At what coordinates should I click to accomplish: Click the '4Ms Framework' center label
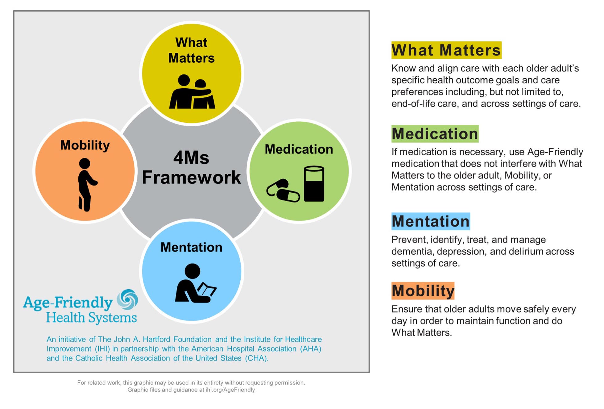191,168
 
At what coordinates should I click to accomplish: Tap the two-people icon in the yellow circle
192,92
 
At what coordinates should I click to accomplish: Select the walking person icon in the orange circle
87,185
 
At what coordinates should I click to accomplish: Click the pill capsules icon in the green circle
283,190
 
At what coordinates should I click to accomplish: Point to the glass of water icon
314,184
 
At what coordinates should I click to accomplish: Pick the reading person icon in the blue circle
196,283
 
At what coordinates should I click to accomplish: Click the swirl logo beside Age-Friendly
127,299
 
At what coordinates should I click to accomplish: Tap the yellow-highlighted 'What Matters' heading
446,50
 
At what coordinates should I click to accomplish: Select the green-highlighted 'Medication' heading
435,134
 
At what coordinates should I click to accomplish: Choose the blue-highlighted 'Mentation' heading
431,221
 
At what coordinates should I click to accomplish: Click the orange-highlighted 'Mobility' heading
423,291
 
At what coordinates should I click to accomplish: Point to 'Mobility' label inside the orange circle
85,145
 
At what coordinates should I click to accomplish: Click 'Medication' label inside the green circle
299,149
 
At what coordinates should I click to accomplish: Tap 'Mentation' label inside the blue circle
191,247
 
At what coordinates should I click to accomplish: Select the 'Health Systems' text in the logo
91,318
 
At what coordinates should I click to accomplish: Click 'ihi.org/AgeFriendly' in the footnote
230,390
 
